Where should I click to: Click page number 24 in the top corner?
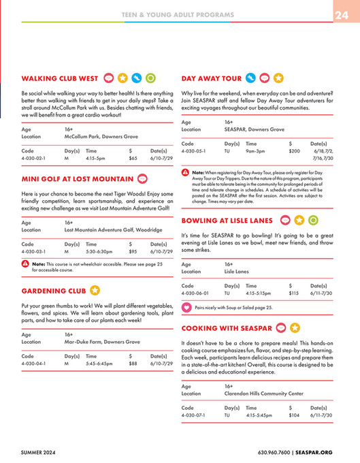pos(342,15)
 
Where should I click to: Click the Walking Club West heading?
pos(60,78)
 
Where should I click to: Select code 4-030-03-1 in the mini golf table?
pos(33,251)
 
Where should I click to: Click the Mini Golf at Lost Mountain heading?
pos(77,179)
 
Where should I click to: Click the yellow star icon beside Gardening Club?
pos(95,291)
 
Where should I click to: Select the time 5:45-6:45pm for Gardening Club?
pos(99,364)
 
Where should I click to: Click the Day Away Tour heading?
pos(211,78)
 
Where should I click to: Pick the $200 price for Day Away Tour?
pos(294,150)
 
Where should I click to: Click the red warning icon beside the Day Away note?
pos(186,173)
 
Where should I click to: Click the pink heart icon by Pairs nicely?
pos(186,308)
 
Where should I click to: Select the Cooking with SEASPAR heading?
pos(227,328)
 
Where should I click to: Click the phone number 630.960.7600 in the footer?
pos(276,451)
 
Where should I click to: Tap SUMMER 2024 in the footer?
pos(39,451)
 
